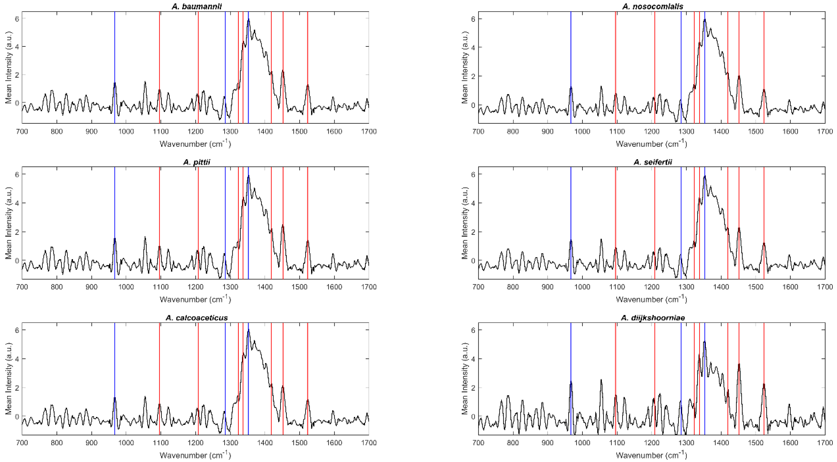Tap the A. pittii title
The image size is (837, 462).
(197, 162)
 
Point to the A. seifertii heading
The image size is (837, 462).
(652, 162)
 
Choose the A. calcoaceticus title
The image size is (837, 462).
(197, 317)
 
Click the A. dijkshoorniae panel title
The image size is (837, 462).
(652, 317)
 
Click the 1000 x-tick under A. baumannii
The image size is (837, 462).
(126, 131)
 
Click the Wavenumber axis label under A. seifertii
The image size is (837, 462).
(651, 299)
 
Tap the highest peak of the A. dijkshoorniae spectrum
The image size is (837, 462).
(704, 342)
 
